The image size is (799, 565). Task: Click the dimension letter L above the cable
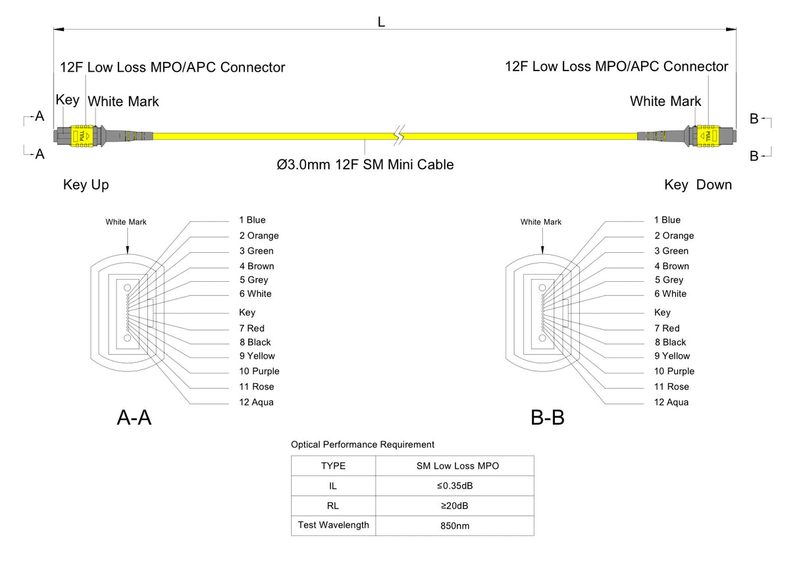(x=381, y=22)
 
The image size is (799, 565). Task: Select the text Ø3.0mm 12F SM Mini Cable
(x=365, y=165)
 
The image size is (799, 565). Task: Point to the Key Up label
(x=86, y=185)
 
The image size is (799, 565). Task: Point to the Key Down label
(x=698, y=185)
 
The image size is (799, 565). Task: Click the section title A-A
(x=134, y=417)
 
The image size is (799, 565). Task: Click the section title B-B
(x=548, y=417)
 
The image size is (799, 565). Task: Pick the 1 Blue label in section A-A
(x=252, y=220)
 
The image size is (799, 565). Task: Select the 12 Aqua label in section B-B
(x=671, y=402)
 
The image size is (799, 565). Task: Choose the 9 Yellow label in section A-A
(x=257, y=356)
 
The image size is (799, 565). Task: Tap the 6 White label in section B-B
(x=670, y=294)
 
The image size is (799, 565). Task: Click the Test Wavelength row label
(x=333, y=525)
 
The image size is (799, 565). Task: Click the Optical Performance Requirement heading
(x=363, y=444)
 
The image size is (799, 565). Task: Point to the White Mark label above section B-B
(x=541, y=222)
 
